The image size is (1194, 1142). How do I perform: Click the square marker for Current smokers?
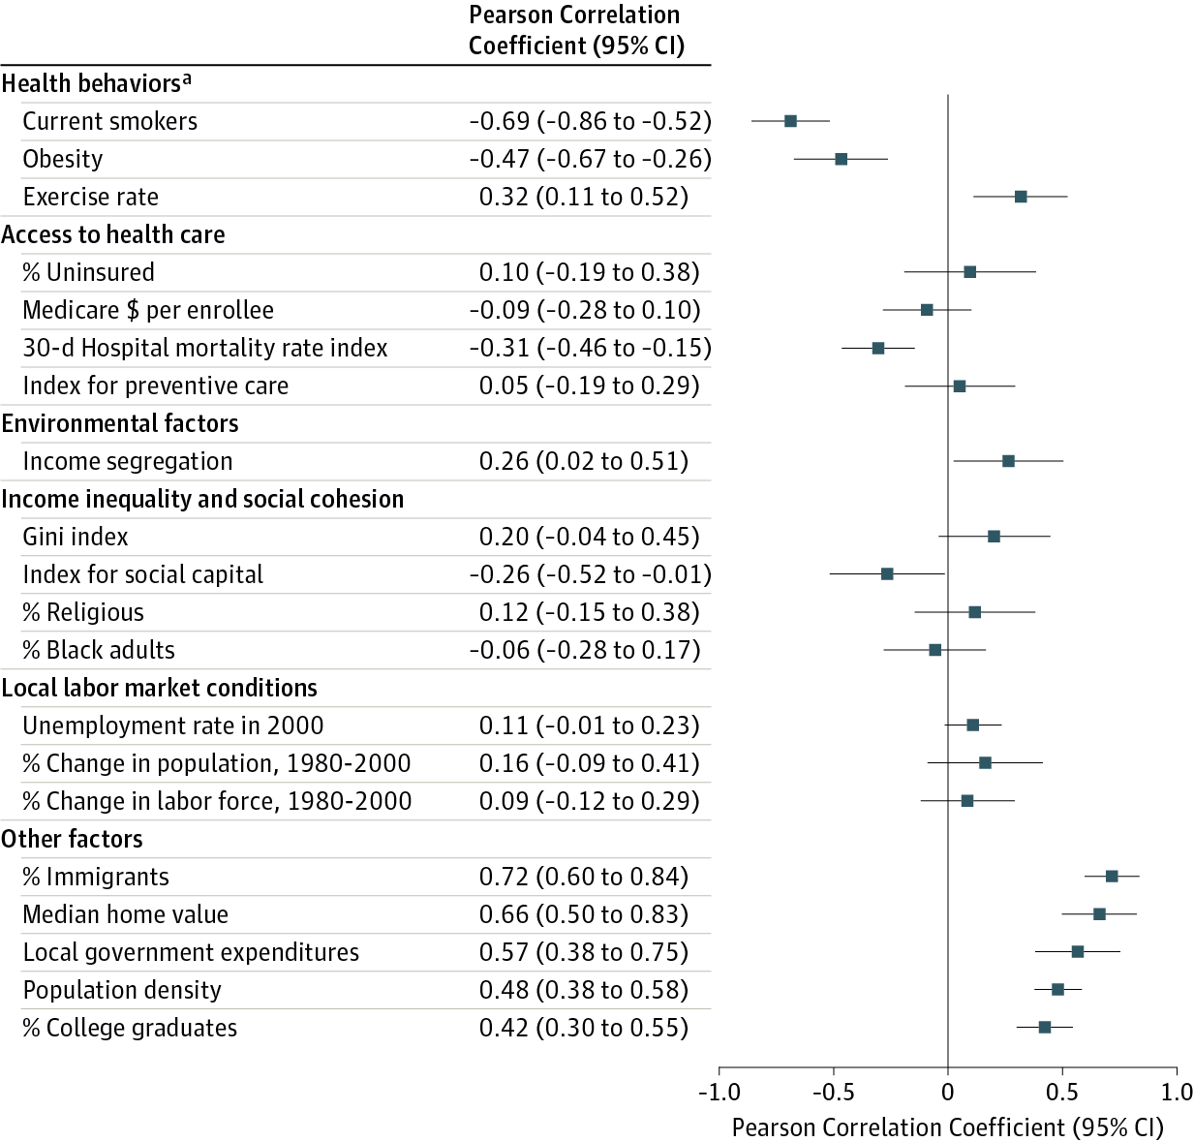(790, 121)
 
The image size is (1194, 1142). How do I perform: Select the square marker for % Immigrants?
(1112, 877)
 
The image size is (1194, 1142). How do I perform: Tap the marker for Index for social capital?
(887, 574)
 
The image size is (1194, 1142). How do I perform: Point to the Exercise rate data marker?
(1021, 197)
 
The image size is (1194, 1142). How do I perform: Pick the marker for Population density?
(1057, 990)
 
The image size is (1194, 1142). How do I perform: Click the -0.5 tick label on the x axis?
(833, 1093)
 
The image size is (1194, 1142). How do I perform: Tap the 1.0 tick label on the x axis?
(1177, 1093)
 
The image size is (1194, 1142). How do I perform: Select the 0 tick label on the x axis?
(948, 1093)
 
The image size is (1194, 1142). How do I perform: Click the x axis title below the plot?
(947, 1127)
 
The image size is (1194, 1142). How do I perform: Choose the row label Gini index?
(76, 537)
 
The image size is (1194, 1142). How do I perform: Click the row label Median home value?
(126, 914)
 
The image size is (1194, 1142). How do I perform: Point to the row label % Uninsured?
(88, 272)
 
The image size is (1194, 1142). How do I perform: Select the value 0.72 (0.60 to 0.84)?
(584, 877)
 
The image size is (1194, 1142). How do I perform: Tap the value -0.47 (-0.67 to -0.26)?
(590, 159)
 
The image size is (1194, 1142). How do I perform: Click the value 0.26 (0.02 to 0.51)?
(584, 461)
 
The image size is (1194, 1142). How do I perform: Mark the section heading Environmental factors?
(120, 423)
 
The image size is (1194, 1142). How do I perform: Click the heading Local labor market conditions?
(160, 688)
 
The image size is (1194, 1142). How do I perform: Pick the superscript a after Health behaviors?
(187, 79)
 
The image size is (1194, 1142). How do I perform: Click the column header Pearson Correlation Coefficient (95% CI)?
(576, 30)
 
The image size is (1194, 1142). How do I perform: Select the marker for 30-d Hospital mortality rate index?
(877, 348)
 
